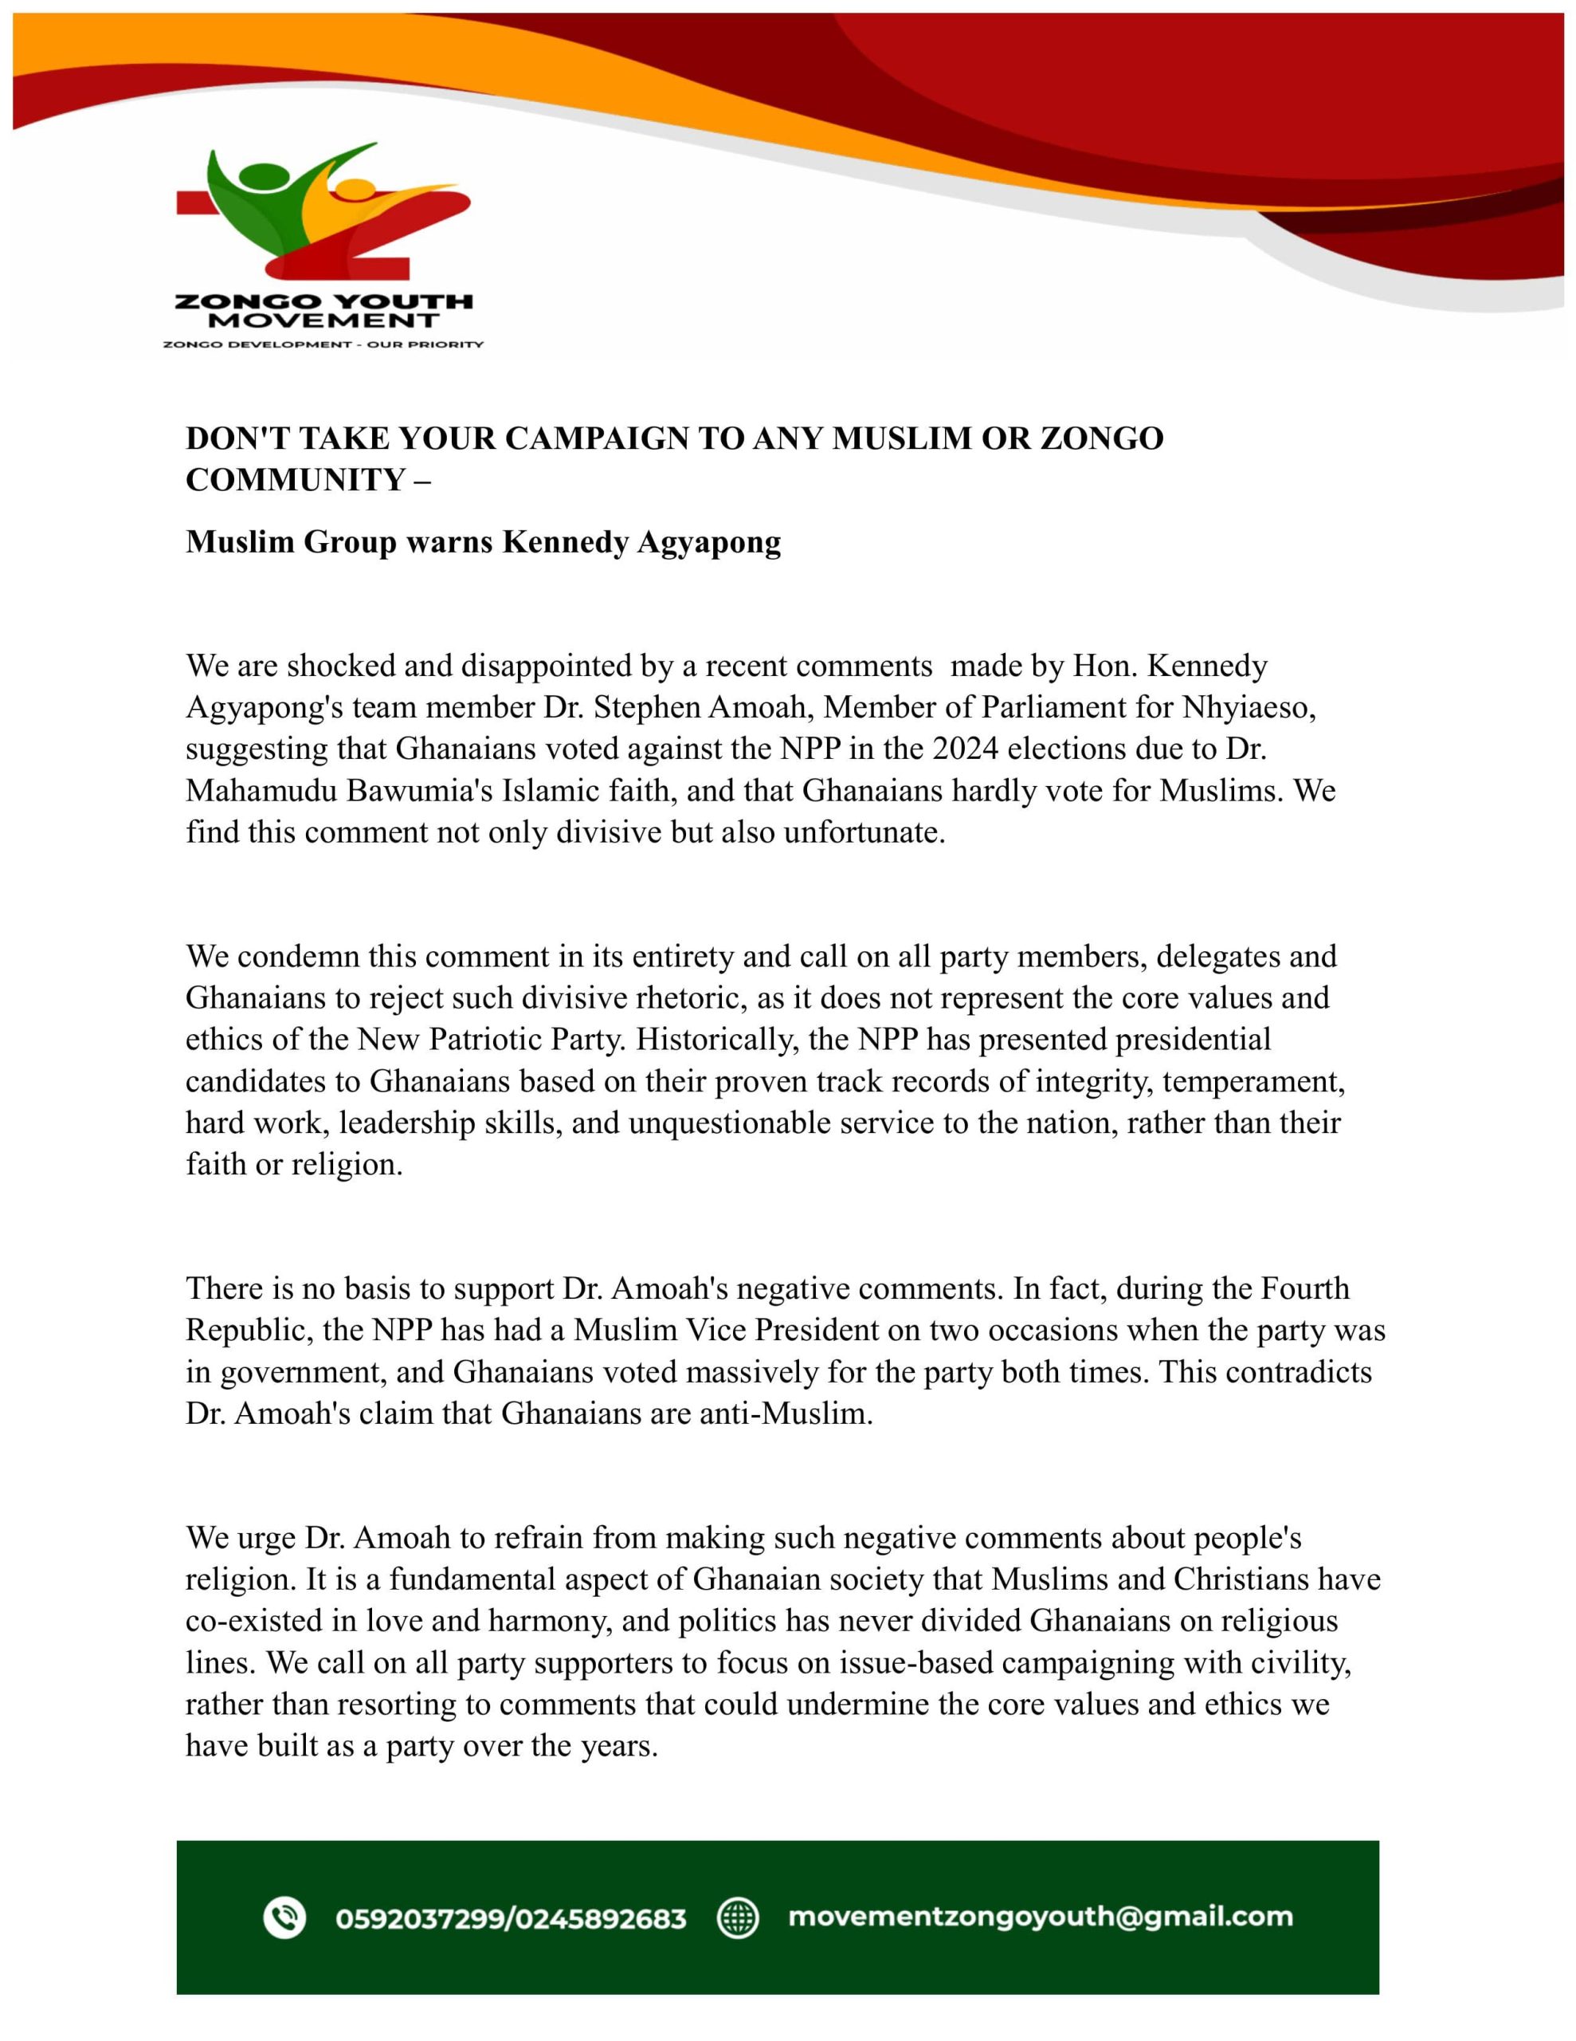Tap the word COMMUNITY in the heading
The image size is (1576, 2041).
coord(294,479)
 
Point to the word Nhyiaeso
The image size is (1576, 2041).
coord(1249,707)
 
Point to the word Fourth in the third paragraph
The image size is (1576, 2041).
coord(1305,1288)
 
